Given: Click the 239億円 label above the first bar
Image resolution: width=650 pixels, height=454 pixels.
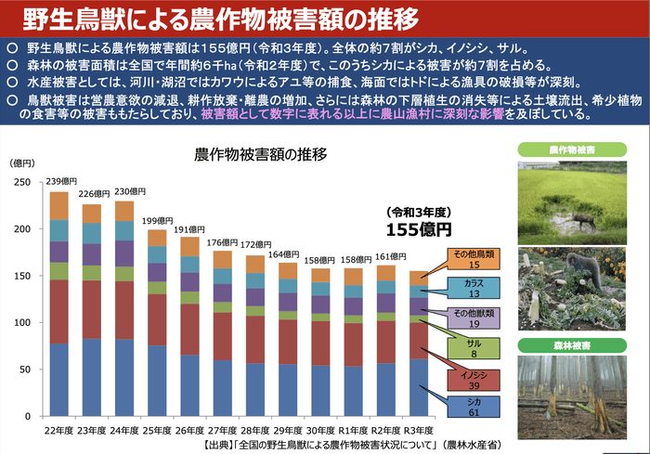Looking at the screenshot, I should pyautogui.click(x=61, y=181).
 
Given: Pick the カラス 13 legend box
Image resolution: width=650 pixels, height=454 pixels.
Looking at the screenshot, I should pyautogui.click(x=474, y=289).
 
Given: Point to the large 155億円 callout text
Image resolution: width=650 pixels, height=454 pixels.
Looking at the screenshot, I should pyautogui.click(x=419, y=227).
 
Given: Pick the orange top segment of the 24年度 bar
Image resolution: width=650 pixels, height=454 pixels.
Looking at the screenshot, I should pyautogui.click(x=123, y=210).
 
